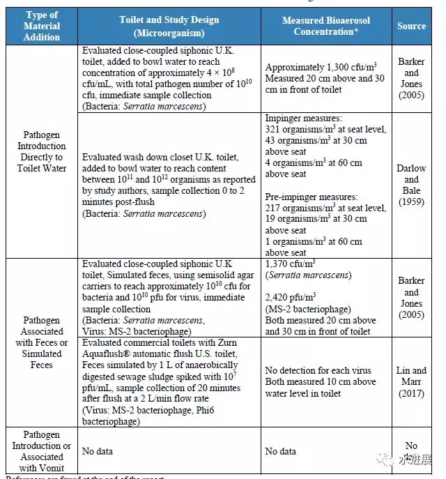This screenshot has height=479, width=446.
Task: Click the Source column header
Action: click(411, 26)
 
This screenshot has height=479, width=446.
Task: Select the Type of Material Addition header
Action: click(41, 26)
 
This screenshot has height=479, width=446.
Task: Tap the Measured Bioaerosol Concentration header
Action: click(325, 26)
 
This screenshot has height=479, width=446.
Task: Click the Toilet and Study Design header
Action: click(169, 26)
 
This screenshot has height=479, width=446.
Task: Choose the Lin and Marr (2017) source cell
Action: click(411, 381)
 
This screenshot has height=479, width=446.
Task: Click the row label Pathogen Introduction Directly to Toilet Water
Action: click(41, 151)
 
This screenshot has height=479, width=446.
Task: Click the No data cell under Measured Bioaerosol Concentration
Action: click(280, 451)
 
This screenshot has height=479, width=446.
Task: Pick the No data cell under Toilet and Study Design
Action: click(97, 451)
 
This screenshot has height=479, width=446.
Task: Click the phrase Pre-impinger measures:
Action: click(309, 197)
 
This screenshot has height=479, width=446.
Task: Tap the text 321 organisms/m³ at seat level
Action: click(325, 130)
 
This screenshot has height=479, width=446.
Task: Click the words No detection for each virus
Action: click(318, 370)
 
